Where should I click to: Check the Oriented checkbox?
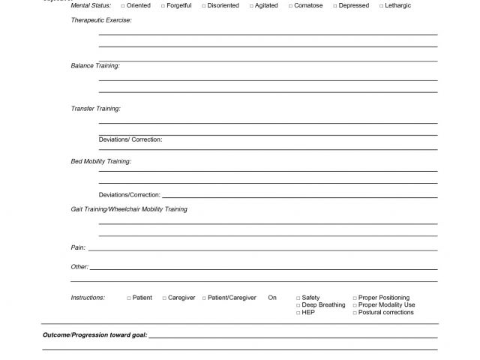[x=123, y=6]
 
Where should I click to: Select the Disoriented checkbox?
[x=203, y=6]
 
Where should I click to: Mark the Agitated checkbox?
[x=252, y=6]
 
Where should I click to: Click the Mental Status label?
[x=91, y=6]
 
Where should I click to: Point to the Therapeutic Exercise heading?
[x=100, y=20]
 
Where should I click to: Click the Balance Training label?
[x=95, y=66]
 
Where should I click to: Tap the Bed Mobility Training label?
[x=100, y=161]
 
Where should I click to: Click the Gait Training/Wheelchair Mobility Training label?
[x=129, y=209]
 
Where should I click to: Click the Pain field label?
[x=78, y=247]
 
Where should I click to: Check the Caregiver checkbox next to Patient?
[x=164, y=298]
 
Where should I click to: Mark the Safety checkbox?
[x=298, y=298]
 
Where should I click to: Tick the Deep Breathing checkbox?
[x=298, y=305]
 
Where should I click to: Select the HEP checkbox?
[x=298, y=313]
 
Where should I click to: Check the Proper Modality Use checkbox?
[x=355, y=305]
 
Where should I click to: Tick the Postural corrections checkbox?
[x=355, y=313]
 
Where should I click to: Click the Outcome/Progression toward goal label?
[x=94, y=334]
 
